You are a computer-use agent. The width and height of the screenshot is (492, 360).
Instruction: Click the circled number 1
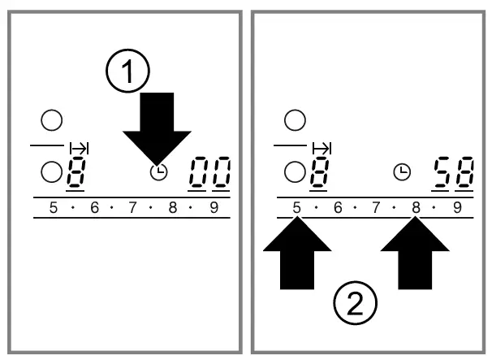pyautogui.click(x=128, y=74)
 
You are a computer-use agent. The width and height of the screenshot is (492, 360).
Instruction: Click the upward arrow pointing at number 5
pyautogui.click(x=297, y=254)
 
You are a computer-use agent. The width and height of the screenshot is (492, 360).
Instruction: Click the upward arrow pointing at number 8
pyautogui.click(x=416, y=254)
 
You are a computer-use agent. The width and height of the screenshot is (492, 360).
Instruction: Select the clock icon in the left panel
pyautogui.click(x=158, y=171)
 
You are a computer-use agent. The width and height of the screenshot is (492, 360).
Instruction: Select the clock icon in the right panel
pyautogui.click(x=401, y=171)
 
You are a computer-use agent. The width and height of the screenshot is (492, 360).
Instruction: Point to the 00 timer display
pyautogui.click(x=209, y=172)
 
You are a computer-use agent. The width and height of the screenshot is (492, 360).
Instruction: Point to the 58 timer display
pyautogui.click(x=454, y=172)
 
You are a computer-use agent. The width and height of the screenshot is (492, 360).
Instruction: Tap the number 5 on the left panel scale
pyautogui.click(x=54, y=208)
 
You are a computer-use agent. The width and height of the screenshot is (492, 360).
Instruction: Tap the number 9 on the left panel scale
pyautogui.click(x=214, y=208)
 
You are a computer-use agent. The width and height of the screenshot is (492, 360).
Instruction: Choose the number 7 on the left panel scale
pyautogui.click(x=133, y=208)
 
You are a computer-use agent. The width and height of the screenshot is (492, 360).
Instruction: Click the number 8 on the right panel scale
pyautogui.click(x=416, y=208)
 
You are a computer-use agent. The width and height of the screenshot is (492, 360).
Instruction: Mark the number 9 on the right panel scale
pyautogui.click(x=456, y=208)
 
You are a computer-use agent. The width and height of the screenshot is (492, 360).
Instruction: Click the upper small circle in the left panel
pyautogui.click(x=52, y=121)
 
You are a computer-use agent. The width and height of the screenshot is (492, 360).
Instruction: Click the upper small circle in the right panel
pyautogui.click(x=295, y=121)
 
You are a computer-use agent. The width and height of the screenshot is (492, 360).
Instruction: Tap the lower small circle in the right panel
pyautogui.click(x=295, y=171)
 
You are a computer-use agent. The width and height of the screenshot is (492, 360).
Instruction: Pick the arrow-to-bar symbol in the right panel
pyautogui.click(x=322, y=148)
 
